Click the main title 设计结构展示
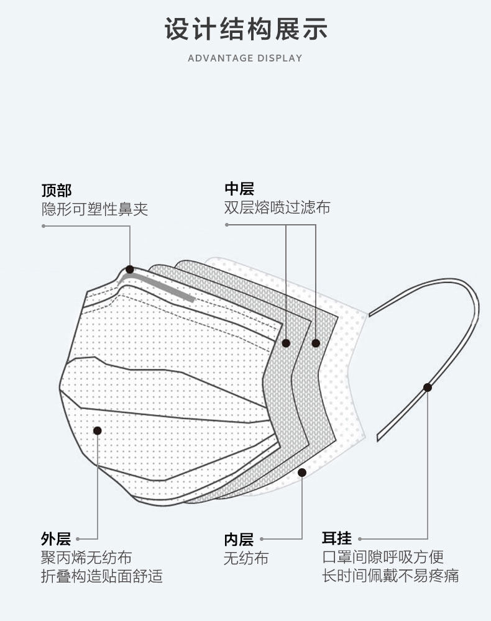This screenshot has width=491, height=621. [245, 29]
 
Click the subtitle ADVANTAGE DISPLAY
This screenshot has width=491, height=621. [245, 58]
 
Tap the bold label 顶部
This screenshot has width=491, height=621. [57, 189]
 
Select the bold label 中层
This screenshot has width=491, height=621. [239, 189]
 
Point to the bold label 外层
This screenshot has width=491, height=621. [56, 538]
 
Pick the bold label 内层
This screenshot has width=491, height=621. [239, 539]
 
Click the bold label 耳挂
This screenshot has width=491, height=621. [336, 538]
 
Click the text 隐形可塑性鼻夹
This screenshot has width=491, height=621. [94, 209]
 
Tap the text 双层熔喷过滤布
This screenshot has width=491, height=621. [277, 207]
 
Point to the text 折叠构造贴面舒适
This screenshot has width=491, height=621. [101, 576]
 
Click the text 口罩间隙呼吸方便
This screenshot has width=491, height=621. [382, 557]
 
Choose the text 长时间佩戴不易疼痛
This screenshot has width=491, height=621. [390, 576]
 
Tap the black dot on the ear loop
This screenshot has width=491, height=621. [428, 388]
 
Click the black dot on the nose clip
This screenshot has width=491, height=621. [129, 270]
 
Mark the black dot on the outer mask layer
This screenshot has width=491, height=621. [97, 430]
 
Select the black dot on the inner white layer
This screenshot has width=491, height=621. [302, 473]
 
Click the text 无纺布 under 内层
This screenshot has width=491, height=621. [246, 558]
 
